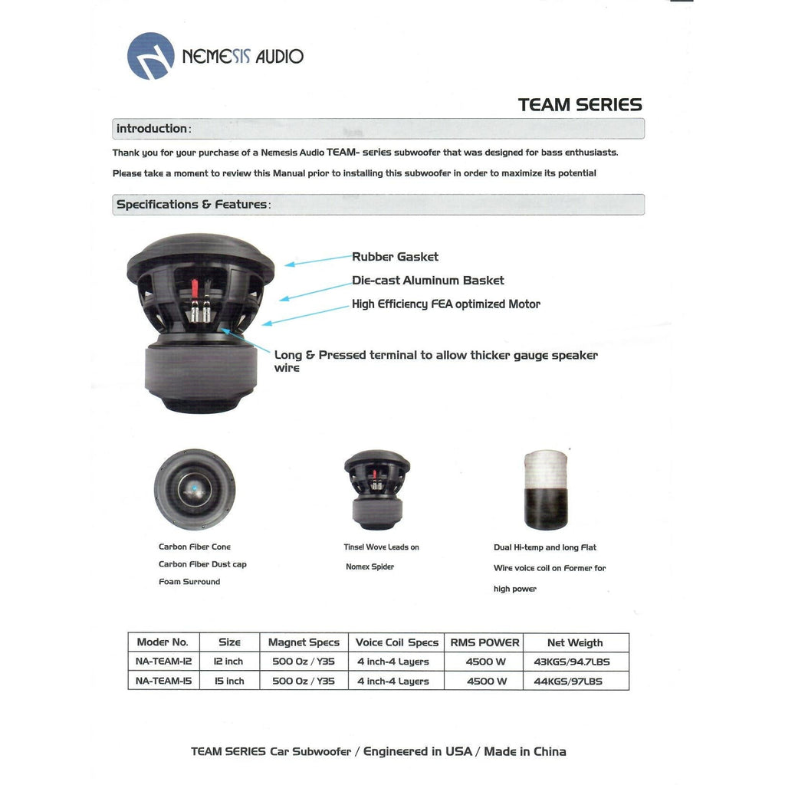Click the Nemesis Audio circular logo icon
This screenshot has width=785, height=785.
(x=150, y=56)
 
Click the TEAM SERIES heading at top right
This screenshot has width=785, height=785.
(x=580, y=105)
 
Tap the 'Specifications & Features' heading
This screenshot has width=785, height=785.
(x=192, y=205)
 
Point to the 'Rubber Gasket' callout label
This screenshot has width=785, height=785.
(x=395, y=257)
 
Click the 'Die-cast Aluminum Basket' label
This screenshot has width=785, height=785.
(x=428, y=281)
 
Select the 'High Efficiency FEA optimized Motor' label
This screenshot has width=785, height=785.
(x=445, y=304)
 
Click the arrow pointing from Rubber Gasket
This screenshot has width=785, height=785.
(x=317, y=261)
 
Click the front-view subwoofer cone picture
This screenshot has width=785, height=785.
(x=194, y=489)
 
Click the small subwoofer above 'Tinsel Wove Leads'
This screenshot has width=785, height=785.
(x=376, y=488)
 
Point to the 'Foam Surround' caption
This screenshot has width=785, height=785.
(x=189, y=582)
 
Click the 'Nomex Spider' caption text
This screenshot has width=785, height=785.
(x=370, y=567)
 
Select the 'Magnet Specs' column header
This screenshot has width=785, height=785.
(x=304, y=642)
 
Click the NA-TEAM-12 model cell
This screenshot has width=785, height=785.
(x=163, y=662)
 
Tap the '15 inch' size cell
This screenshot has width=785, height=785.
(x=229, y=681)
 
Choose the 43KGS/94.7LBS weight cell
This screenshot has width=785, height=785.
(x=572, y=662)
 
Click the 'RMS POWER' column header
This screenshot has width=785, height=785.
(x=484, y=642)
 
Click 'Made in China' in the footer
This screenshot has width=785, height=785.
(x=525, y=751)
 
